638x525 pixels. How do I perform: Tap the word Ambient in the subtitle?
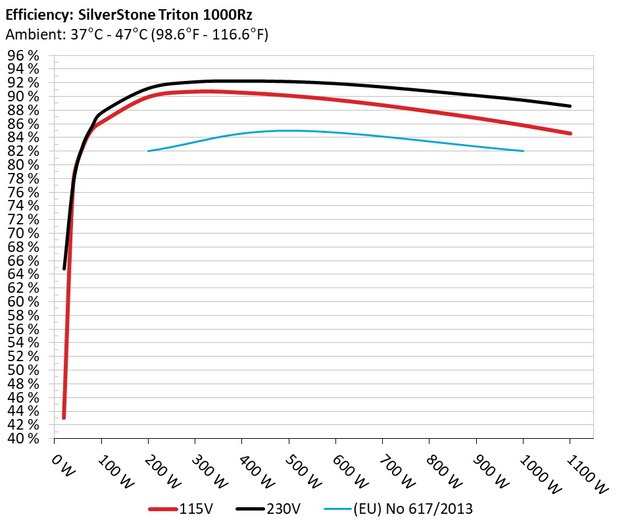tap(28, 34)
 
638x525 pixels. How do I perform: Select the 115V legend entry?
tap(191, 508)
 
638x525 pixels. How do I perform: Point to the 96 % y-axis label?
tap(23, 55)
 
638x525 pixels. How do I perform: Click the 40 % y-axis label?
tap(23, 439)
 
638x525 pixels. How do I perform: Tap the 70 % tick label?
tap(23, 234)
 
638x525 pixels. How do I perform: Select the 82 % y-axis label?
tap(23, 151)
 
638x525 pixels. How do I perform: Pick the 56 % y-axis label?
tap(23, 329)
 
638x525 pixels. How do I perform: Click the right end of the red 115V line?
tap(570, 134)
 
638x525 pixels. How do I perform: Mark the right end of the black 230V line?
tap(570, 106)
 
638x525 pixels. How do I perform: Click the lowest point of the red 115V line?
tap(64, 418)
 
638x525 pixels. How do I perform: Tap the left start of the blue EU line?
tap(149, 151)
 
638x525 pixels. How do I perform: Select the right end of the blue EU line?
tap(524, 151)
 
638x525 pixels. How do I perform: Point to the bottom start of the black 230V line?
tap(64, 268)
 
